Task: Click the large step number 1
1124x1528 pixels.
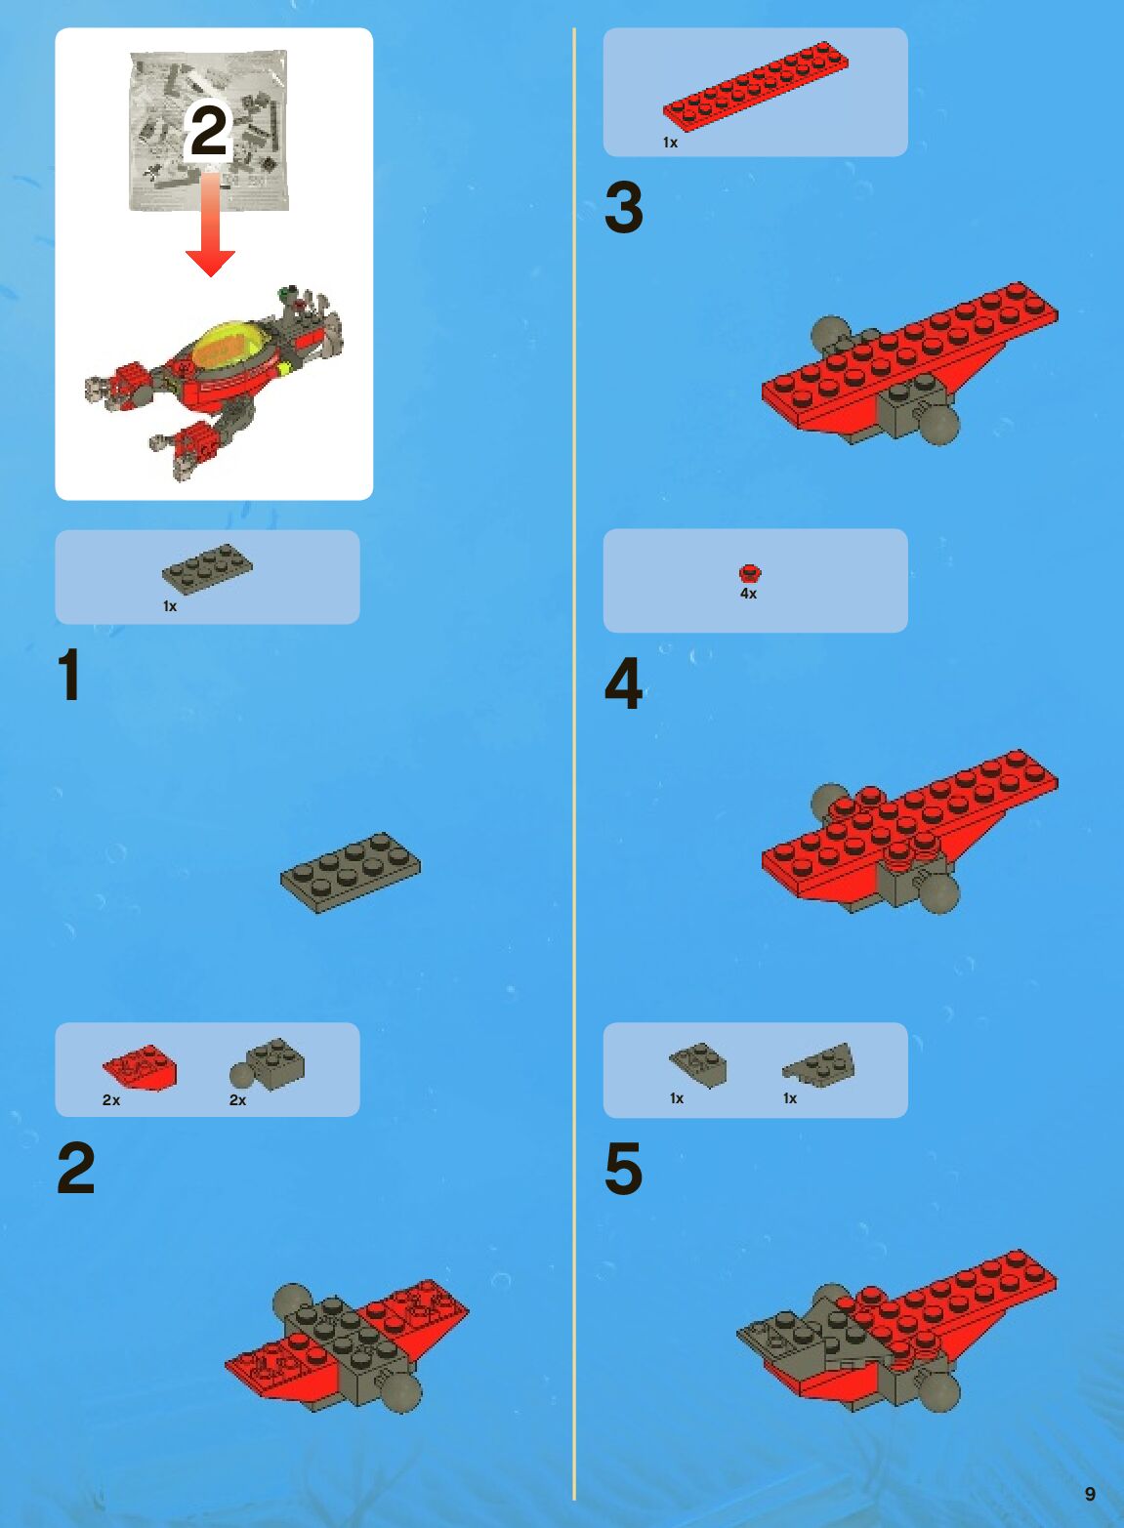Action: point(69,675)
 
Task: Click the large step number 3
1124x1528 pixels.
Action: point(623,207)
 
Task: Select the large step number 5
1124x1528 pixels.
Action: point(623,1169)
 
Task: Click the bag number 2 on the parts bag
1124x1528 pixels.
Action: point(208,132)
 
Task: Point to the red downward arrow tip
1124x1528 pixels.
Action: point(210,276)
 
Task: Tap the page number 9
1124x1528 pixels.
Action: point(1090,1494)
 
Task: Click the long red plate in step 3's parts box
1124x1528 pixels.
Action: point(756,85)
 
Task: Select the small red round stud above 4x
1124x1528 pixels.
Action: point(750,573)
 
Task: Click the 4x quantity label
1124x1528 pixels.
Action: point(749,594)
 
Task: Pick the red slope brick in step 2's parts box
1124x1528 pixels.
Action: point(140,1067)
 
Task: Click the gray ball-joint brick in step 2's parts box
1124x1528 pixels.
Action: point(268,1064)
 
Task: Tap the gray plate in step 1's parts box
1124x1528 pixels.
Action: point(207,569)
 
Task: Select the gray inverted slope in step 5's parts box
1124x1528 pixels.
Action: point(698,1065)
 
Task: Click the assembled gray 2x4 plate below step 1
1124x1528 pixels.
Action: point(351,873)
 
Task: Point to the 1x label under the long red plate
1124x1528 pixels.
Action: point(670,143)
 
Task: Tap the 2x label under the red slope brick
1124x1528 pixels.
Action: point(111,1099)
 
